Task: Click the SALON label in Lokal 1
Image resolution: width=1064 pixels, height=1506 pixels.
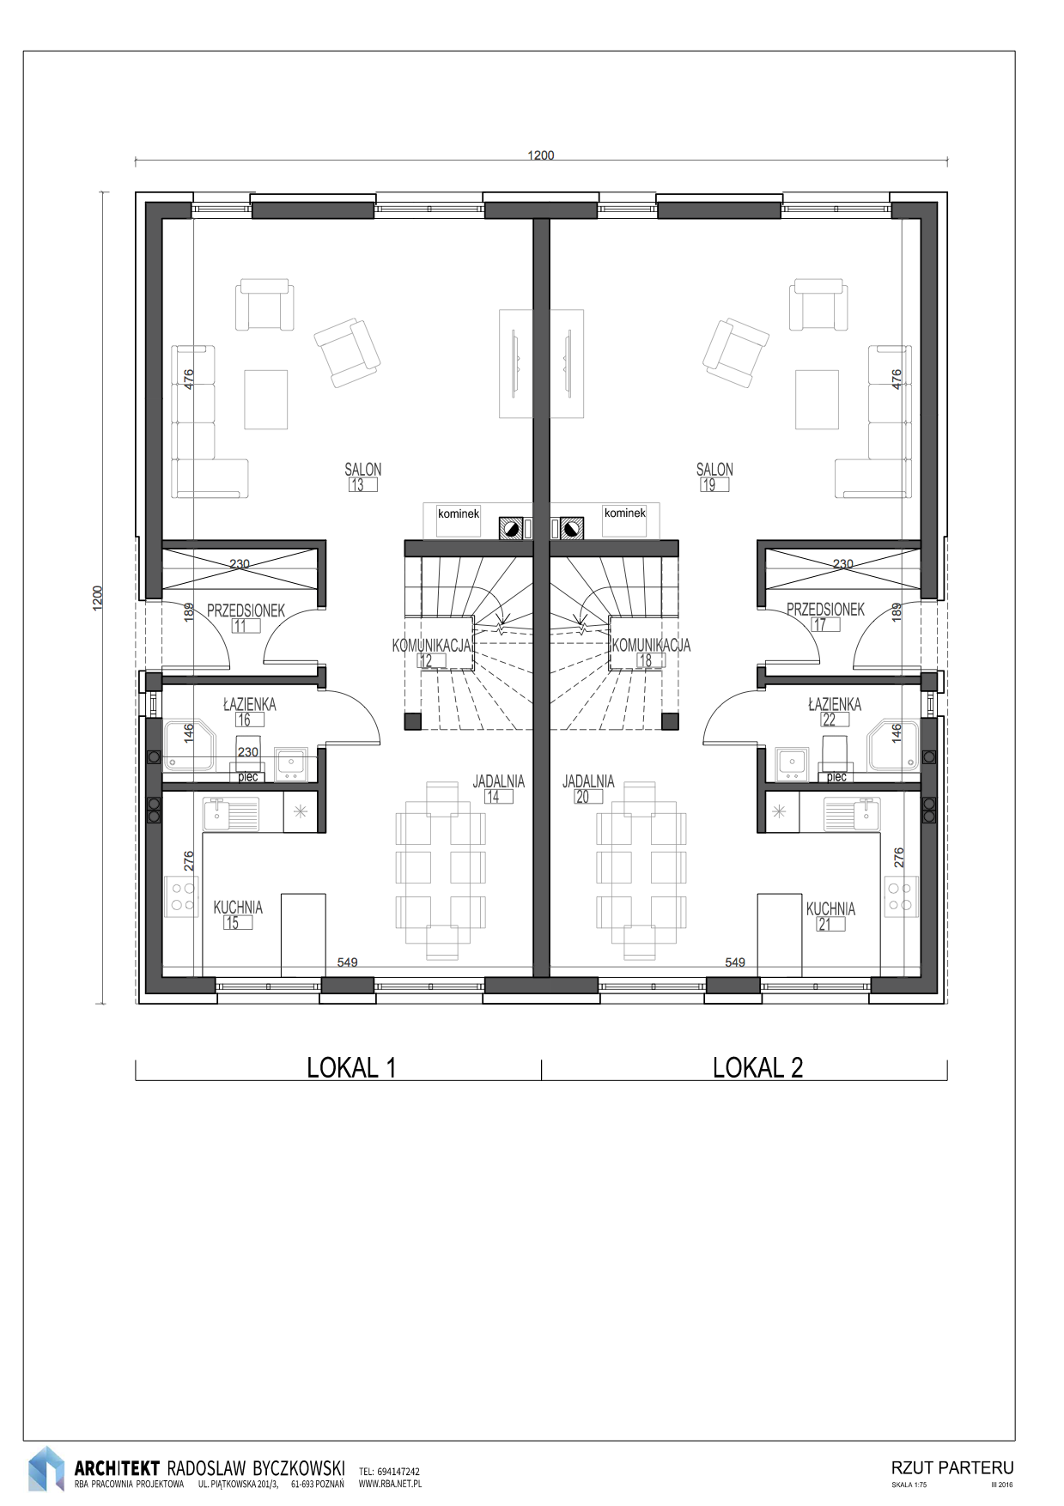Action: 362,470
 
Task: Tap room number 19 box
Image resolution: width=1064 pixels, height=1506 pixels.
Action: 714,485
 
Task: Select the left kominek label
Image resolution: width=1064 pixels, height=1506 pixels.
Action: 459,513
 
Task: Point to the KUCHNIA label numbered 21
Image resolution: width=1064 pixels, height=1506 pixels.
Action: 830,908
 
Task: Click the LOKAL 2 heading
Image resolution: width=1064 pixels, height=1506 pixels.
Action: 757,1067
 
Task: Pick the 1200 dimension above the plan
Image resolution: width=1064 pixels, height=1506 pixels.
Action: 541,155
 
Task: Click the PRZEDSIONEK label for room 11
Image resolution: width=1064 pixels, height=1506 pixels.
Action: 246,610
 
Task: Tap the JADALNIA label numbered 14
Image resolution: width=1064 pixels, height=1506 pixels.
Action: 498,782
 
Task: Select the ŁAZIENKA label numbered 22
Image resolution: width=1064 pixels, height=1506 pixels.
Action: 835,704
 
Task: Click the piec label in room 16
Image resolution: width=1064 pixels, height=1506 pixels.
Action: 248,777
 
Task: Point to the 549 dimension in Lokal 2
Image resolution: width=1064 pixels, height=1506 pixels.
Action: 735,963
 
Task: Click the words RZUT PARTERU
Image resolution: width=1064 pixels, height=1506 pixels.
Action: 952,1467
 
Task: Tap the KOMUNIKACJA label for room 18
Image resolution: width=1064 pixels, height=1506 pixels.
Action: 651,645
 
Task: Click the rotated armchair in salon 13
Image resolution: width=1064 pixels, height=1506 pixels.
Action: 347,352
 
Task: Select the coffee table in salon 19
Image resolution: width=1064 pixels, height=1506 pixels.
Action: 817,399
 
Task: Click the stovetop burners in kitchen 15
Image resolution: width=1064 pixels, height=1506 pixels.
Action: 181,896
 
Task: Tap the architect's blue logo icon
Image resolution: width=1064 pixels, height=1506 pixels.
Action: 46,1468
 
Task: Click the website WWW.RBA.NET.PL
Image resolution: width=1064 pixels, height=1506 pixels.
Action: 390,1483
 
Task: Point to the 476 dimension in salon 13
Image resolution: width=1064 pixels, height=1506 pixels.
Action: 189,378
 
